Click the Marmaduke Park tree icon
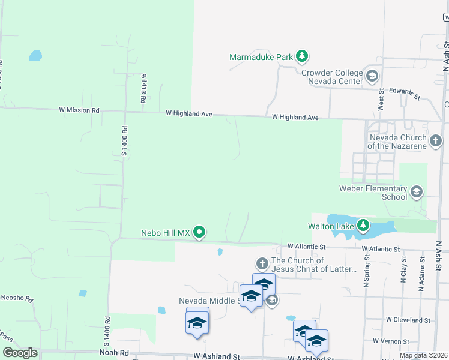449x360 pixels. pyautogui.click(x=302, y=58)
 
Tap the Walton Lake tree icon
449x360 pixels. pyautogui.click(x=363, y=226)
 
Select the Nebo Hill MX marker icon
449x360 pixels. pyautogui.click(x=200, y=232)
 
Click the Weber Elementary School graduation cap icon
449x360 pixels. pyautogui.click(x=416, y=193)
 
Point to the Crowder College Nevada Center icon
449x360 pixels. pyautogui.click(x=372, y=76)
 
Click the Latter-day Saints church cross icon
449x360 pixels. pyautogui.click(x=262, y=263)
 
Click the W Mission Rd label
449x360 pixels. pyautogui.click(x=79, y=110)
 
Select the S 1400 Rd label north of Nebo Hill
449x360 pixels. pyautogui.click(x=125, y=141)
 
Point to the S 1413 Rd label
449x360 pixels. pyautogui.click(x=143, y=89)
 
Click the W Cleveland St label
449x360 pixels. pyautogui.click(x=408, y=320)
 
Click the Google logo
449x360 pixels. pyautogui.click(x=20, y=353)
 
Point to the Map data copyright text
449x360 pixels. pyautogui.click(x=423, y=356)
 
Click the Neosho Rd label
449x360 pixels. pyautogui.click(x=16, y=298)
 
